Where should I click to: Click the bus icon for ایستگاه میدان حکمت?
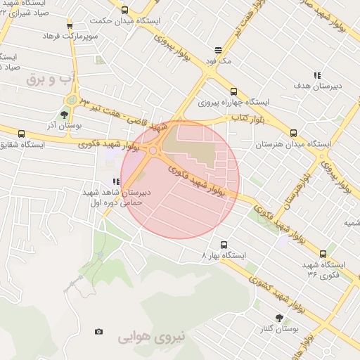[x=125, y=10]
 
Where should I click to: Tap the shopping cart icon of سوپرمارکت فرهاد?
[x=69, y=25]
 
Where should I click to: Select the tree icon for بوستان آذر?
[x=65, y=115]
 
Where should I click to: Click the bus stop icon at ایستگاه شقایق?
[x=21, y=134]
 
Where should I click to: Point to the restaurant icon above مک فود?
[x=219, y=51]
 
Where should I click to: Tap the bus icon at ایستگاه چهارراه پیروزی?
[x=233, y=91]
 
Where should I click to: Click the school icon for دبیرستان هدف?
[x=317, y=75]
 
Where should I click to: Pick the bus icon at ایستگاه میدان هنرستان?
[x=293, y=132]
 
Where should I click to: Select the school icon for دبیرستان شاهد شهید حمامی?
[x=115, y=181]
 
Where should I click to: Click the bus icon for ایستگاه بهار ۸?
[x=224, y=245]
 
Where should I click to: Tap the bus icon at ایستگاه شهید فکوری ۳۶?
[x=323, y=254]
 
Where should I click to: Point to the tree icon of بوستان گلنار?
[x=279, y=318]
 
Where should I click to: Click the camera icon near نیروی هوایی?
[x=98, y=332]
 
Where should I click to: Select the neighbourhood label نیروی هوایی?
[x=150, y=337]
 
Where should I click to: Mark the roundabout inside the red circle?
[x=153, y=150]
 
